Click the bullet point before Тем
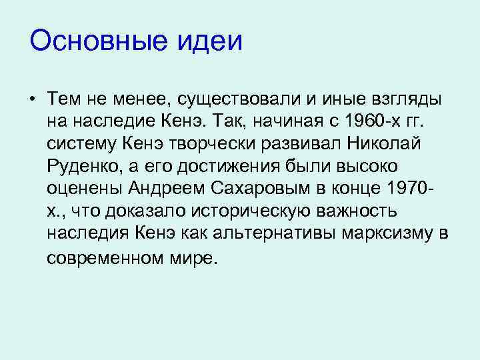click(31, 100)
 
